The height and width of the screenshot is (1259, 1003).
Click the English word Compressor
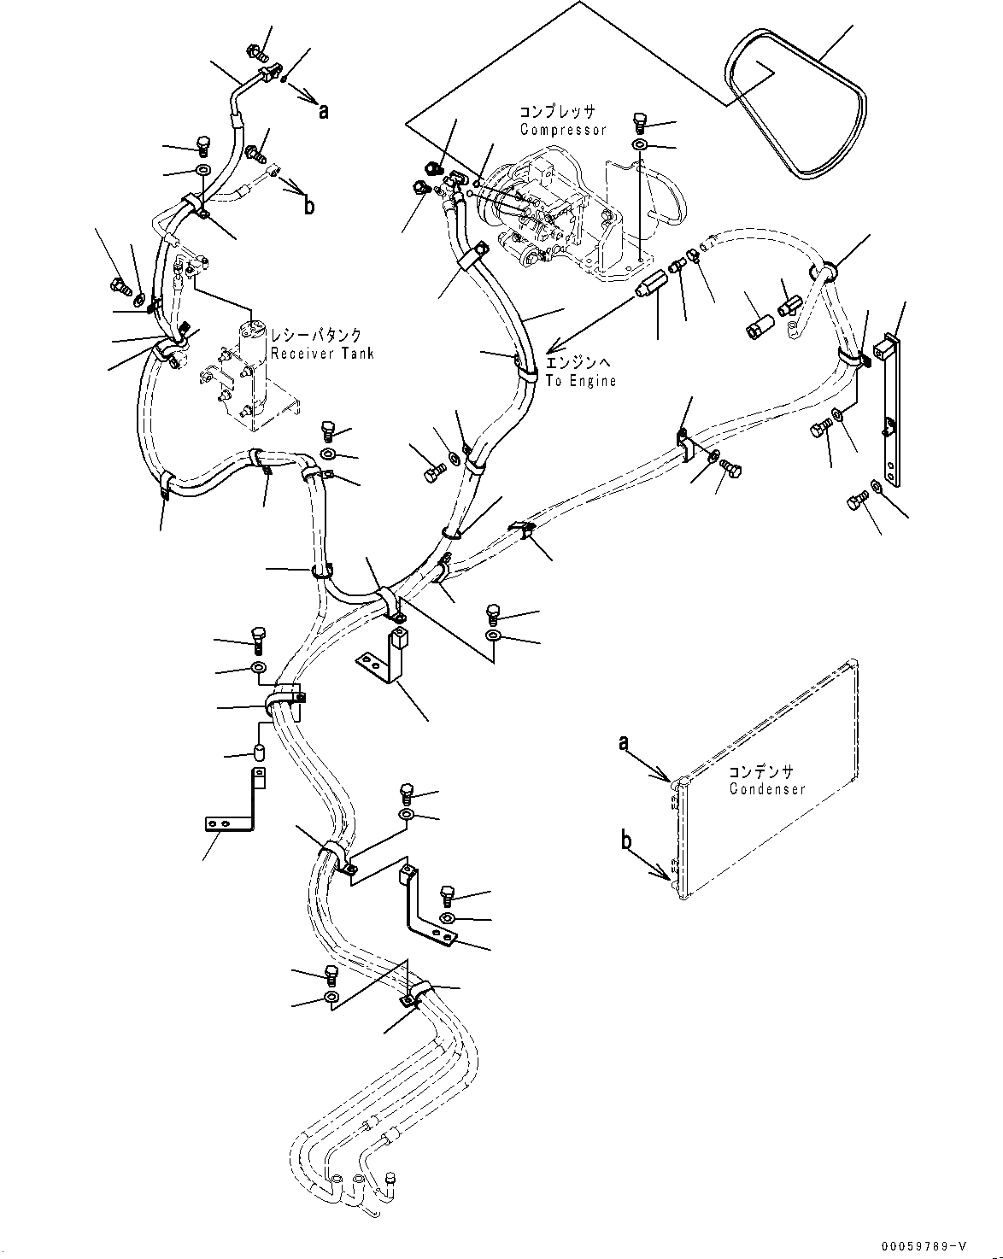[x=563, y=130]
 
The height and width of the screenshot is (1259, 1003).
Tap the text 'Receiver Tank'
[x=321, y=354]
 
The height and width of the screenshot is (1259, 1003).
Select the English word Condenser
[x=767, y=789]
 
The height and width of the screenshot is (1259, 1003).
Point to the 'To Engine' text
[x=581, y=381]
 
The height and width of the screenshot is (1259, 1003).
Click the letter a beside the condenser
[x=625, y=743]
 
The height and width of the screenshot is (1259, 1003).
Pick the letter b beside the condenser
[x=626, y=841]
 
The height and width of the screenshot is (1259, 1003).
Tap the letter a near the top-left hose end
[x=323, y=110]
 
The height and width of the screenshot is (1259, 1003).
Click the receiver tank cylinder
[x=254, y=367]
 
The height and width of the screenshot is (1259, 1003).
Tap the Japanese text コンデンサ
[x=761, y=771]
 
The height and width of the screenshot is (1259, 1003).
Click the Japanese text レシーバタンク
[x=316, y=337]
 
